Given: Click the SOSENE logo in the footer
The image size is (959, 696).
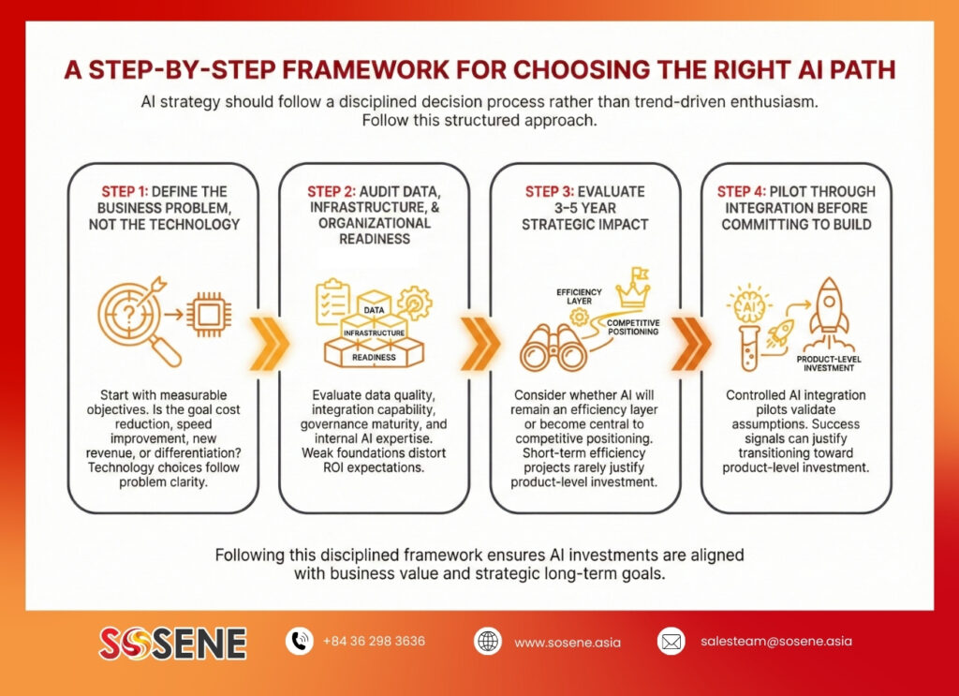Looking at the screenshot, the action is click(172, 643).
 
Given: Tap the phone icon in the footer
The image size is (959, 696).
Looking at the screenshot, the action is click(299, 641).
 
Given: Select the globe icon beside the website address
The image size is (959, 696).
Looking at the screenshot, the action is click(487, 641).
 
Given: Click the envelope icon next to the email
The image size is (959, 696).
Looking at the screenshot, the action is click(671, 641).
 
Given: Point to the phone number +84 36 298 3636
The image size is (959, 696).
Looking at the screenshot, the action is click(374, 641).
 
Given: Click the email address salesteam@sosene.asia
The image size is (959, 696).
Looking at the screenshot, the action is click(776, 641).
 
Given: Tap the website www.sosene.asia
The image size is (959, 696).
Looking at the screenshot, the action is click(568, 643).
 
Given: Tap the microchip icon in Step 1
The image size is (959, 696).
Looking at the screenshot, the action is click(209, 315).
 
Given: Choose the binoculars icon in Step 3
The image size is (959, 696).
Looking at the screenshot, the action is click(553, 348).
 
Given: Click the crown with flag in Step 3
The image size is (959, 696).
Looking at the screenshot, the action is click(634, 288).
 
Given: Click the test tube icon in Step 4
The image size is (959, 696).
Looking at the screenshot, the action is click(750, 348).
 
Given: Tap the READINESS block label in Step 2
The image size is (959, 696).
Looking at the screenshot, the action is click(374, 357).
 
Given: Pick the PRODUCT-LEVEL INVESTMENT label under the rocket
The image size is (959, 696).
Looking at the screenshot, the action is click(829, 363).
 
